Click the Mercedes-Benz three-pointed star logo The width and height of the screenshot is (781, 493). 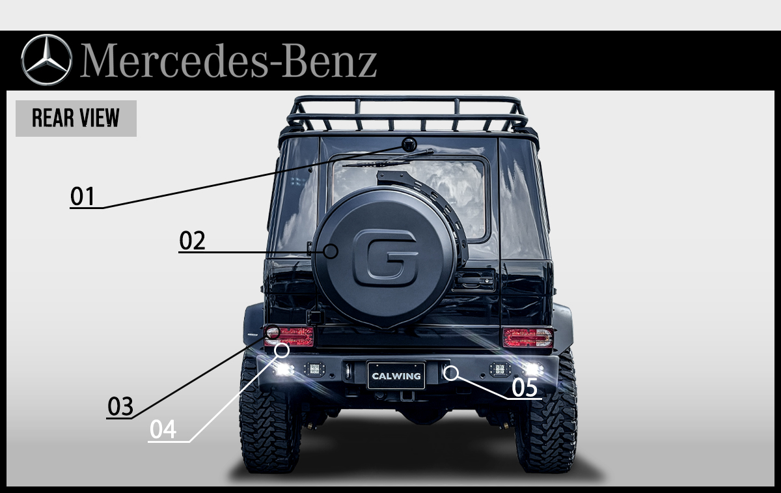point(46,59)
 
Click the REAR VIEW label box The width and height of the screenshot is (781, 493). point(75,119)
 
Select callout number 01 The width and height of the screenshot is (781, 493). point(83,196)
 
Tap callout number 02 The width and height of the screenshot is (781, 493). point(192,241)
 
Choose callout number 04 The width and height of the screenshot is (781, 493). point(163,430)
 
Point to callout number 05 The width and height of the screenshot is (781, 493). point(525,387)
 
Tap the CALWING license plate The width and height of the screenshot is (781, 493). point(396,376)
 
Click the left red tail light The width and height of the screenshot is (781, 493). point(290,336)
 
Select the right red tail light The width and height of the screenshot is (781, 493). point(528,337)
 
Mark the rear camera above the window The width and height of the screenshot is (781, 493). point(409,145)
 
